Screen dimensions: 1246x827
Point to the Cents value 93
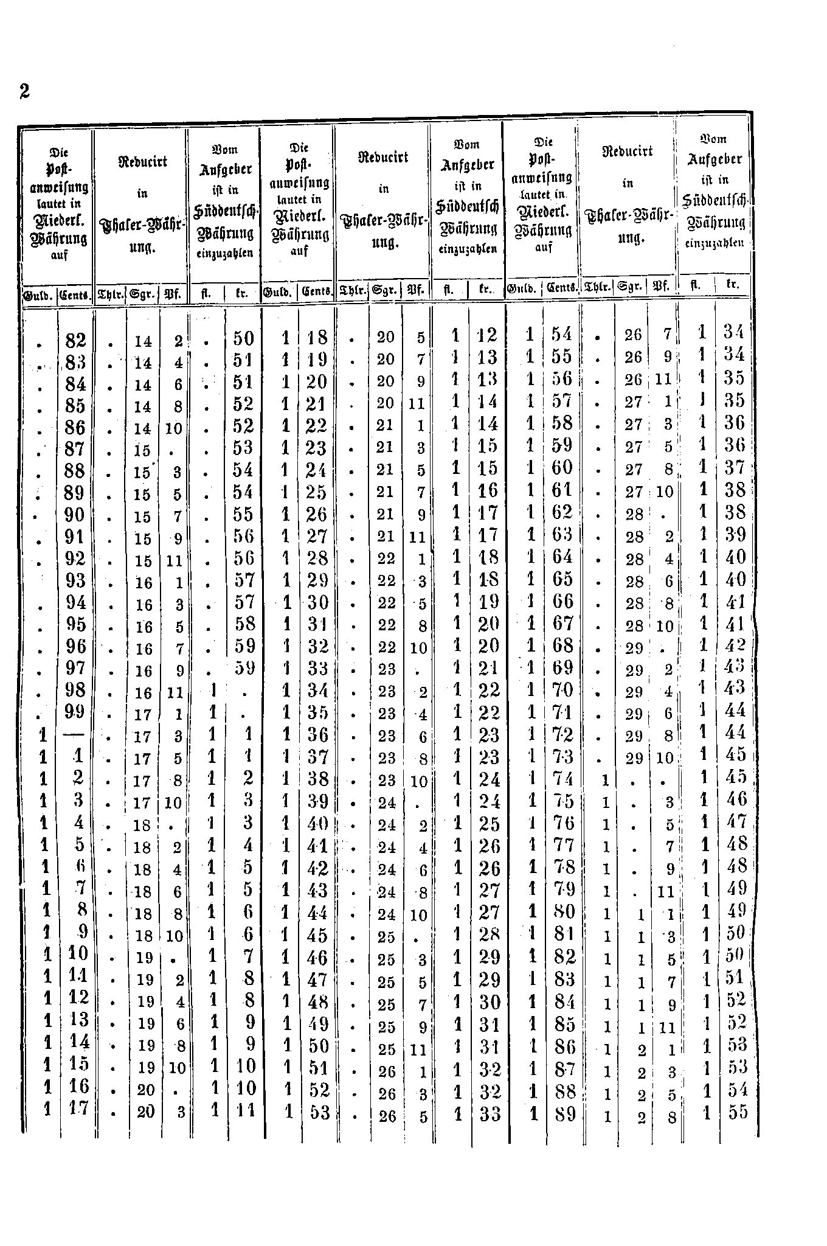tap(75, 580)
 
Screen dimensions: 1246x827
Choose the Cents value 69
tap(562, 667)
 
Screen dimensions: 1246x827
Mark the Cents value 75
tap(562, 801)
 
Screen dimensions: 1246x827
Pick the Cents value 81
tap(562, 934)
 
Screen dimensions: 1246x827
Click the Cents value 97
tap(75, 668)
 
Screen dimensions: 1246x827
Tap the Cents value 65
tap(562, 579)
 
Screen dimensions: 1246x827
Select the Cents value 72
tap(562, 734)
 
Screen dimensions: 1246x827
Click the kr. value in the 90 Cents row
tap(243, 515)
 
